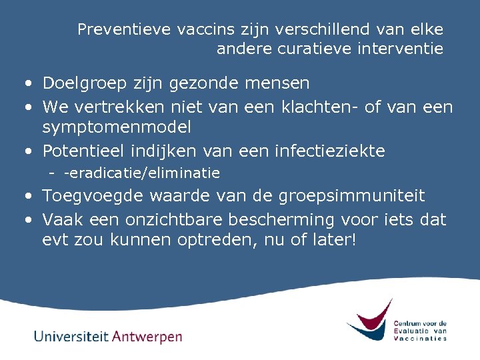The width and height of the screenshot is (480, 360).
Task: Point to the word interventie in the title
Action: [x=403, y=49]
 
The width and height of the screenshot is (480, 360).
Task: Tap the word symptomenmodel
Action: [x=117, y=126]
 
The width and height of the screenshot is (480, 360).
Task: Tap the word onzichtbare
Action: [x=183, y=219]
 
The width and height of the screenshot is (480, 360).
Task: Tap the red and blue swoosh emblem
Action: [x=369, y=319]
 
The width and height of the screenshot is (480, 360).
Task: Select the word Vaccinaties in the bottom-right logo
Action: [x=420, y=338]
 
